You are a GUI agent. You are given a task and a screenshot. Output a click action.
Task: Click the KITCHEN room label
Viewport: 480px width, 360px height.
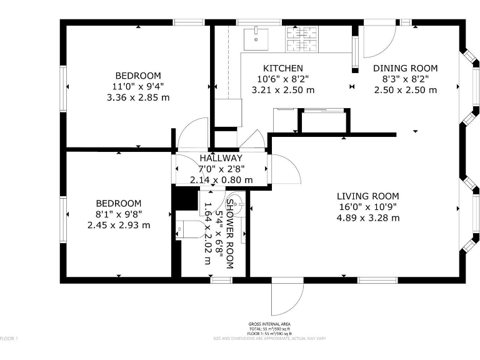282,68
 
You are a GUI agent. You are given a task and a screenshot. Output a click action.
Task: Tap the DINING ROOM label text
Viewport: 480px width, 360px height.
405,68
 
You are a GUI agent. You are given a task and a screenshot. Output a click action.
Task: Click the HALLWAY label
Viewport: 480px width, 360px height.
221,158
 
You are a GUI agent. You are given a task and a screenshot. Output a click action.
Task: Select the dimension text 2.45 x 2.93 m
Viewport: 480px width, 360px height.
118,225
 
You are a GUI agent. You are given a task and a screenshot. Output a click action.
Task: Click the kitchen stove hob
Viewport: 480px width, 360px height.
302,39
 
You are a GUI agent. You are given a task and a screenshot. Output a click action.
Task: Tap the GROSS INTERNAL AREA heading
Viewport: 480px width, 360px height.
269,324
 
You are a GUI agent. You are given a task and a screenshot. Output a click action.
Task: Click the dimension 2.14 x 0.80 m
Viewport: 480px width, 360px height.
221,180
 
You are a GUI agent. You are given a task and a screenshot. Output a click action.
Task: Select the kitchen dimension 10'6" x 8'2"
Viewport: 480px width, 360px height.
282,79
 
